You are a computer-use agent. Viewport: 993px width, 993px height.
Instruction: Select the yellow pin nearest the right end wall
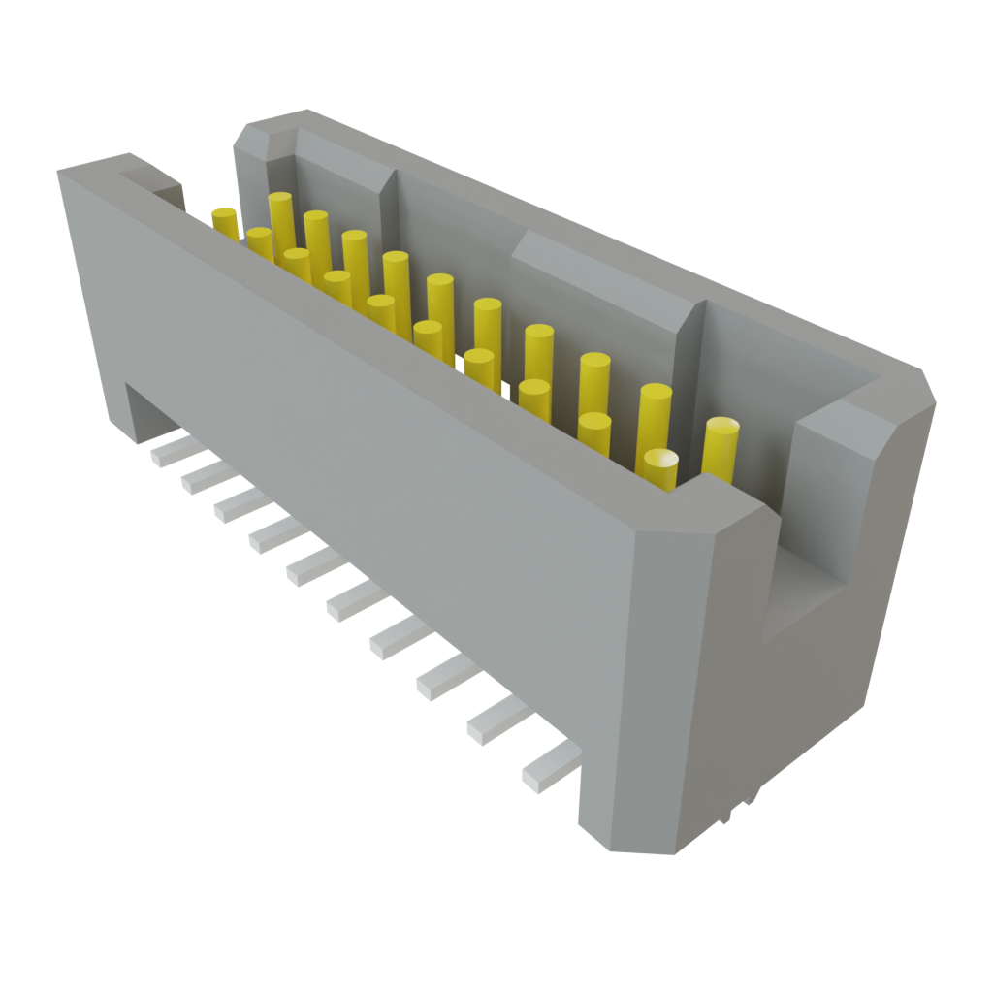(x=720, y=446)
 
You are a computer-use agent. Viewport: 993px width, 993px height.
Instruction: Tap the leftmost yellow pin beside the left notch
(x=225, y=222)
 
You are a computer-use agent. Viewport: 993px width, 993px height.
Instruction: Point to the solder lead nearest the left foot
(x=168, y=450)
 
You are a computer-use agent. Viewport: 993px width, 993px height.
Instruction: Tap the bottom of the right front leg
(x=630, y=834)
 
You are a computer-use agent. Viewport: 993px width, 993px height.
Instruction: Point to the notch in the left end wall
(x=160, y=189)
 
